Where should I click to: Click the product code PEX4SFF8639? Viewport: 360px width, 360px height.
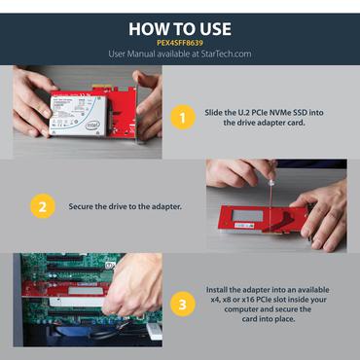[180, 41]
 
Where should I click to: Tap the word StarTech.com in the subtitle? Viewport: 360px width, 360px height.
[226, 54]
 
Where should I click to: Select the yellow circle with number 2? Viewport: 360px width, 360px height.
[42, 206]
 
